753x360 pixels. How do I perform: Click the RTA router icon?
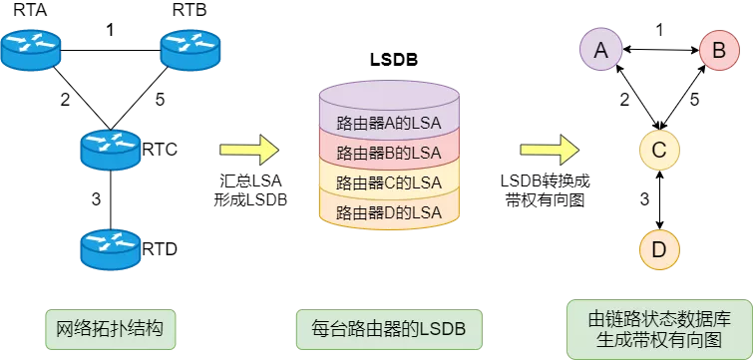tap(31, 51)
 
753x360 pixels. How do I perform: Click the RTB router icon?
tap(190, 51)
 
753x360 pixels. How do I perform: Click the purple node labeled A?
tap(600, 50)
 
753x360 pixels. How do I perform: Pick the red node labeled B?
tap(718, 50)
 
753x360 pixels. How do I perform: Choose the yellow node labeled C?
tap(659, 150)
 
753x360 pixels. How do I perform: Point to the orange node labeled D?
tap(659, 249)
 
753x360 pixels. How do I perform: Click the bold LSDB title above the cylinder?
tap(394, 60)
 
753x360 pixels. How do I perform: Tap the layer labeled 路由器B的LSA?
tap(389, 153)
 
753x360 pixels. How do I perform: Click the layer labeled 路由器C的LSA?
tap(389, 182)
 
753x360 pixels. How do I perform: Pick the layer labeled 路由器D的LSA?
tap(389, 211)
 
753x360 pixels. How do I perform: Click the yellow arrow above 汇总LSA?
tap(249, 150)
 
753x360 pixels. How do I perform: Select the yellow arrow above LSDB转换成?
tap(550, 150)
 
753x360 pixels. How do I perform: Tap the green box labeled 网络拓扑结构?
tap(110, 330)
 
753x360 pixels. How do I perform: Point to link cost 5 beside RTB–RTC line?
tap(160, 100)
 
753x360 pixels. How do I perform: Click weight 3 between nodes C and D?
tap(645, 198)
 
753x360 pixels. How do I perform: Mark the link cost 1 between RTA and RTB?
tap(111, 31)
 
